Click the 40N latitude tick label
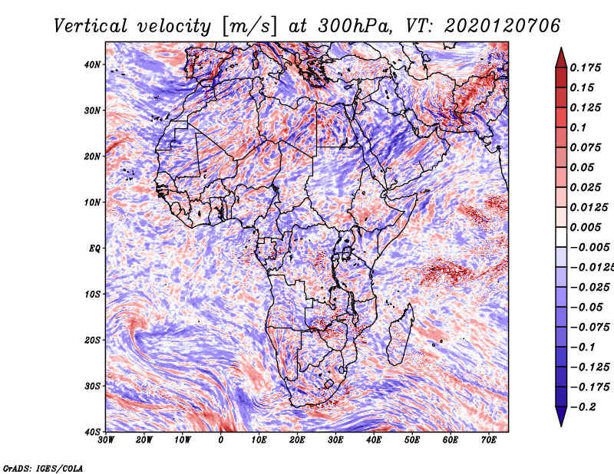pyautogui.click(x=92, y=64)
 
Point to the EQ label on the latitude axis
pyautogui.click(x=94, y=249)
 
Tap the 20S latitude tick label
pyautogui.click(x=92, y=340)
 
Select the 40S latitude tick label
pyautogui.click(x=92, y=432)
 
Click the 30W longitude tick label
pyautogui.click(x=106, y=440)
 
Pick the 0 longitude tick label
pyautogui.click(x=221, y=440)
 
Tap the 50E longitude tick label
pyautogui.click(x=412, y=440)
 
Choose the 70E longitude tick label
pyautogui.click(x=488, y=440)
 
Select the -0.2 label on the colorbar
pyautogui.click(x=583, y=407)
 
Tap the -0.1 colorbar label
pyautogui.click(x=583, y=347)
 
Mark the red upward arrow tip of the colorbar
pyautogui.click(x=561, y=48)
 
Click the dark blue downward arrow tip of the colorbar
pyautogui.click(x=561, y=426)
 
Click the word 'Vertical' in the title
pyautogui.click(x=91, y=26)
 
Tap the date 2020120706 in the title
pyautogui.click(x=503, y=26)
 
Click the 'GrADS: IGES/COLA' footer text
pyautogui.click(x=43, y=468)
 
